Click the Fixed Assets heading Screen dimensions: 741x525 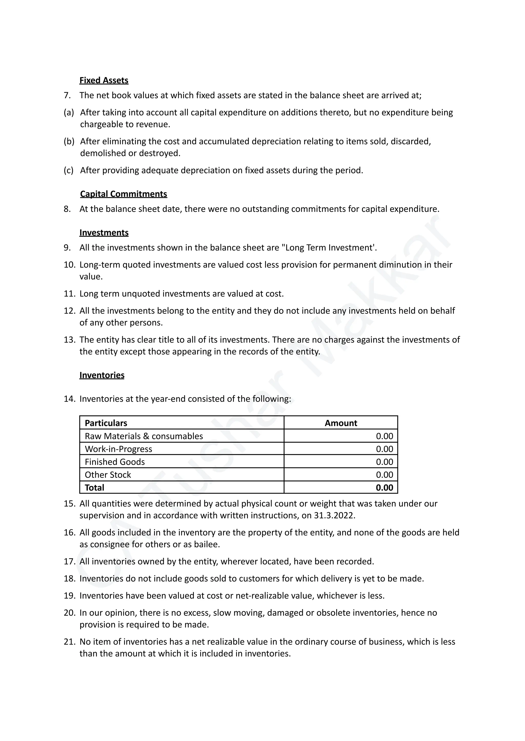coord(104,80)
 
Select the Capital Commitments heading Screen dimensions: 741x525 coord(124,194)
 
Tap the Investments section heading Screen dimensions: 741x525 coord(104,233)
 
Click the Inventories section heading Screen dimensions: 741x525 coord(102,375)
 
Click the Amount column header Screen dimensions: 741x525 coord(341,423)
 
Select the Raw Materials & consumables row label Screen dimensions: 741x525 coord(144,436)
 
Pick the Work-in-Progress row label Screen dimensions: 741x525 coord(118,449)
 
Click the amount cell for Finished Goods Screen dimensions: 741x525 coord(384,462)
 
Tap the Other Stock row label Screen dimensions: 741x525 coord(108,475)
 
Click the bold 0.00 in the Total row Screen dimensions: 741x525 coord(384,488)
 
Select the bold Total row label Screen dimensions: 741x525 coord(94,488)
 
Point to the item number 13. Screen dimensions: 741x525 coord(69,340)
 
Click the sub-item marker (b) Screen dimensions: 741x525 coord(69,141)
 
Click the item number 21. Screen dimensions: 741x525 coord(69,642)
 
